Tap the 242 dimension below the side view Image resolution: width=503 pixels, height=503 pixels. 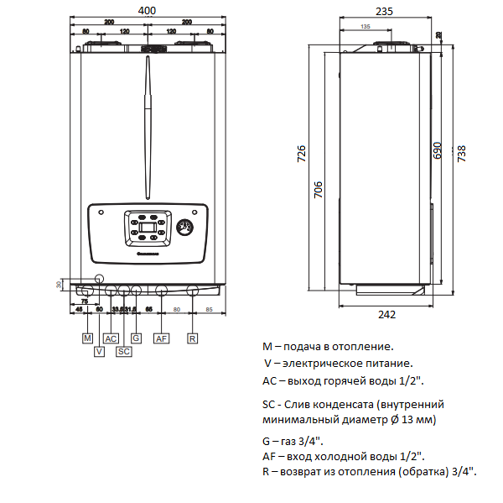tap(386, 314)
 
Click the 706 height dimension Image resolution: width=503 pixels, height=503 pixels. tap(319, 191)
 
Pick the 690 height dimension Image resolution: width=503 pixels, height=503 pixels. tap(437, 149)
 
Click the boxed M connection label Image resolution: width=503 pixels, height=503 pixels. tap(87, 338)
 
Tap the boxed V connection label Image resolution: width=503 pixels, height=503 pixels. tap(98, 351)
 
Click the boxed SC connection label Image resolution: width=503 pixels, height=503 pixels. tap(124, 351)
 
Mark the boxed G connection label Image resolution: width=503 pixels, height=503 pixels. tap(137, 338)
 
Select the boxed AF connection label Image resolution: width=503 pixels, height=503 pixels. tap(162, 338)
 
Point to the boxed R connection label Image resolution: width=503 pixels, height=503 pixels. tap(192, 338)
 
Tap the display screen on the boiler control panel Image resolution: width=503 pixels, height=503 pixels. tap(147, 225)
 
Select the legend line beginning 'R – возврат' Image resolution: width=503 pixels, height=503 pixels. tap(370, 472)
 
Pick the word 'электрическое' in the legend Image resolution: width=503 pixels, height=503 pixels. tap(317, 364)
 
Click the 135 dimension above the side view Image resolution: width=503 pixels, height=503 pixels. tap(366, 27)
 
